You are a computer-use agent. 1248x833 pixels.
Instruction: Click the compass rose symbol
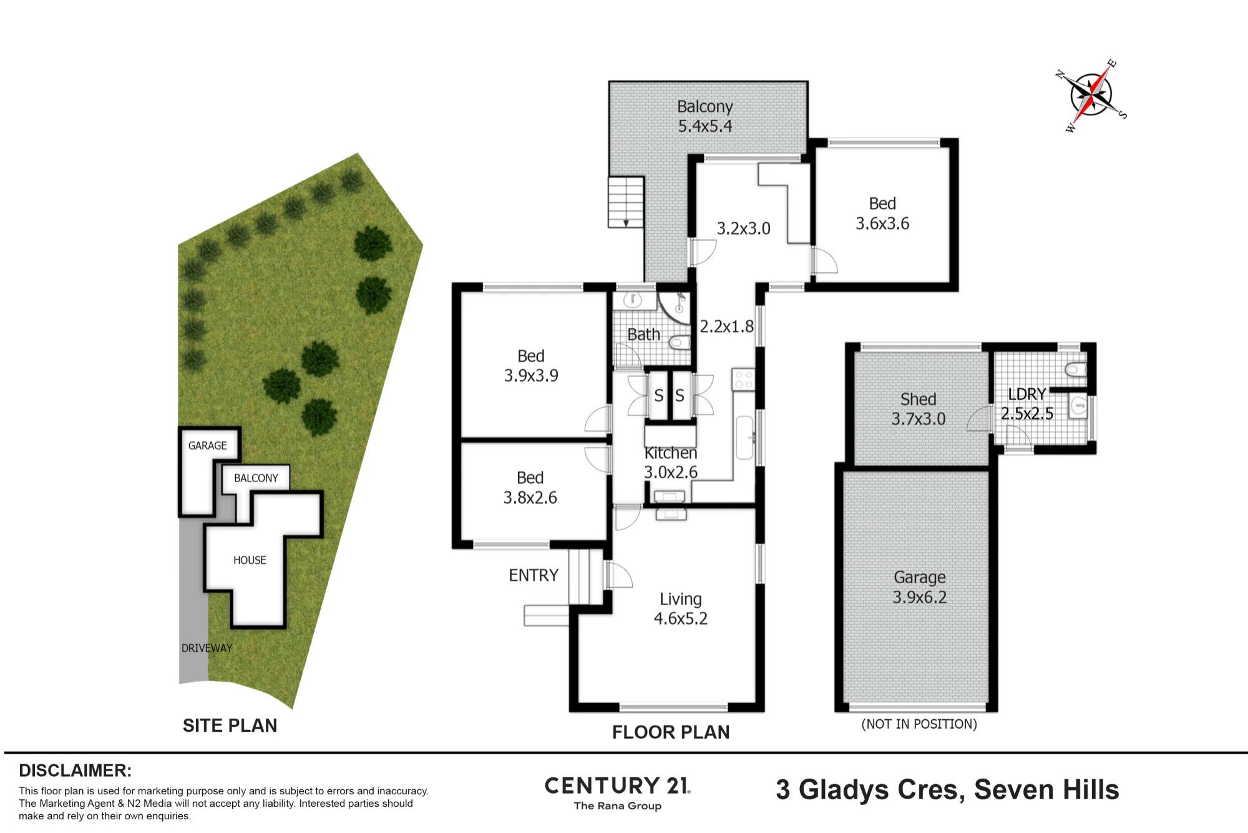tap(1091, 96)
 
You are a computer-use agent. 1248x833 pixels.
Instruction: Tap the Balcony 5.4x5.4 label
tap(705, 116)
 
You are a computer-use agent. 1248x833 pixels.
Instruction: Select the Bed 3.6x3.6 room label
tap(882, 214)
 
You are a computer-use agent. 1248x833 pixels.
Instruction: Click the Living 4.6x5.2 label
tap(681, 609)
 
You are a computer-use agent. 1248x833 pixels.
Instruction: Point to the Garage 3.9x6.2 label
tap(920, 587)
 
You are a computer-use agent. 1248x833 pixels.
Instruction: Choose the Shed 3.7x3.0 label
tap(919, 409)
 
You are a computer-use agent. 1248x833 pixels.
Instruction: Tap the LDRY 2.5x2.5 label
tap(1027, 403)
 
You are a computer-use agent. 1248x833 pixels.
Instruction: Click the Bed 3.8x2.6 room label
tap(530, 488)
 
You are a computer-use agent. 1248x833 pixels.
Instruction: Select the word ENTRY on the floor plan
tap(534, 575)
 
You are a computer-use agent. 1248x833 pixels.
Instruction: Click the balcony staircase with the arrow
tap(626, 202)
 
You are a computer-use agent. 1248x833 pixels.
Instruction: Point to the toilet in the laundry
tap(1075, 370)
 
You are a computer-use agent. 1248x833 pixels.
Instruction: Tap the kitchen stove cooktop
tap(744, 380)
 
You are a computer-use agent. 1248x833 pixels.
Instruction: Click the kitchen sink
tap(744, 438)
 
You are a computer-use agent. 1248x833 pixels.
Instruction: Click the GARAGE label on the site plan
tap(208, 445)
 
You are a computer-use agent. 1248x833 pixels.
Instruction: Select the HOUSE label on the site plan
tap(250, 560)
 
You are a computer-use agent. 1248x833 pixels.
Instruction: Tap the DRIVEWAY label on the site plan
tap(207, 648)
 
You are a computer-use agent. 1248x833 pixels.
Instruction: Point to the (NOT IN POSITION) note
tap(919, 724)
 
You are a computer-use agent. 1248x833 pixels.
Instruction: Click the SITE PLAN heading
tap(230, 726)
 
